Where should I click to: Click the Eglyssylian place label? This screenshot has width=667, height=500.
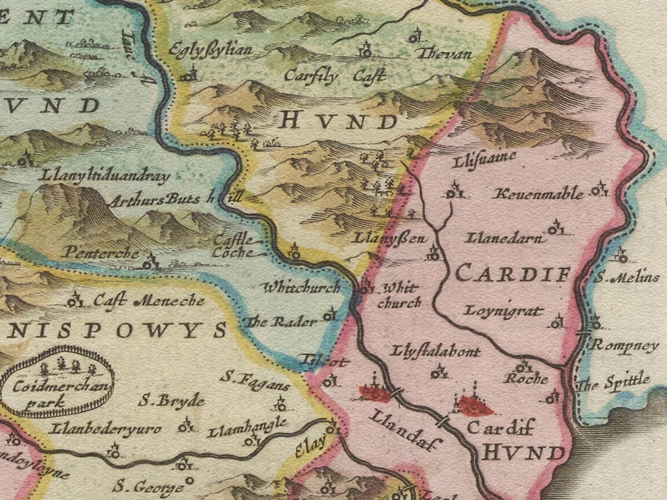pyautogui.click(x=211, y=50)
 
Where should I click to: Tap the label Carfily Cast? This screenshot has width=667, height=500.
pyautogui.click(x=335, y=76)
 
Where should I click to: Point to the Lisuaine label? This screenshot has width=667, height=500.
pyautogui.click(x=484, y=158)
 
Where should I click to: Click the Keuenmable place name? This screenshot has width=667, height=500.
pyautogui.click(x=539, y=194)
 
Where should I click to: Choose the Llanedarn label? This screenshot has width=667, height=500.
pyautogui.click(x=505, y=239)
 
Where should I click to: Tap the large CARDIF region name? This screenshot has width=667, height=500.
pyautogui.click(x=513, y=273)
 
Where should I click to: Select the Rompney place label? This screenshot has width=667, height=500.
pyautogui.click(x=624, y=345)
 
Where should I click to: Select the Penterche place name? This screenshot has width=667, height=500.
pyautogui.click(x=101, y=252)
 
